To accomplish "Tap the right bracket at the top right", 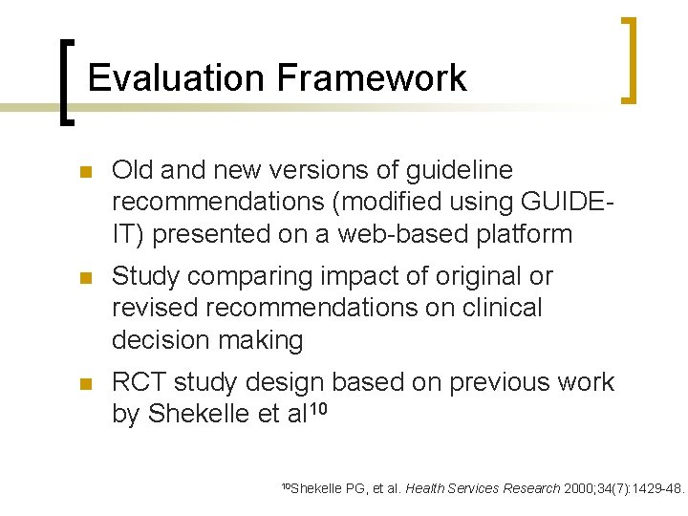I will (628, 59).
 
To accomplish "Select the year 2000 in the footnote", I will (578, 489).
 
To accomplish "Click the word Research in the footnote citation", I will (527, 489).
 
